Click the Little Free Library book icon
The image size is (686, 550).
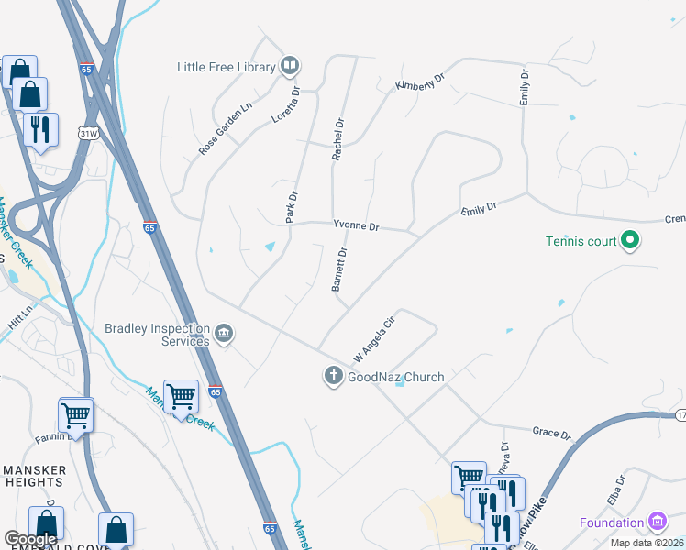(x=290, y=66)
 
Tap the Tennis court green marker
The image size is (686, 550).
(x=630, y=242)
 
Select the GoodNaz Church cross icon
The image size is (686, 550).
(x=333, y=376)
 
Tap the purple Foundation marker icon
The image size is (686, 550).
(x=657, y=522)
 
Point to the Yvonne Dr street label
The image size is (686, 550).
(x=356, y=224)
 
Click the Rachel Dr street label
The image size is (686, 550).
(x=337, y=139)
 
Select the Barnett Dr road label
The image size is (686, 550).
(x=339, y=269)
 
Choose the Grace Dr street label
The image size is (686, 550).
(x=551, y=430)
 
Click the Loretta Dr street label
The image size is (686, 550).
(x=286, y=104)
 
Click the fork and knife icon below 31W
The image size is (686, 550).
(x=40, y=129)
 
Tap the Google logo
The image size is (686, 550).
(x=30, y=539)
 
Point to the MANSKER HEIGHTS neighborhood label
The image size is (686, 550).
(x=35, y=478)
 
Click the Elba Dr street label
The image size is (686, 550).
(x=621, y=484)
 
